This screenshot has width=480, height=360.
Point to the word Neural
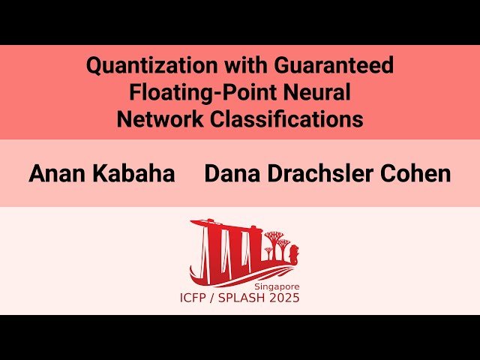click(316, 93)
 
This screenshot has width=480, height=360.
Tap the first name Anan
click(57, 174)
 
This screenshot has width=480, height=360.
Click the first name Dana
click(232, 174)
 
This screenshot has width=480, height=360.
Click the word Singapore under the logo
click(277, 286)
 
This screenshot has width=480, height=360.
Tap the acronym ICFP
click(196, 298)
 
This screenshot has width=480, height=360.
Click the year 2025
click(289, 298)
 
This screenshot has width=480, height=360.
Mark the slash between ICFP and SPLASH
click(220, 298)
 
